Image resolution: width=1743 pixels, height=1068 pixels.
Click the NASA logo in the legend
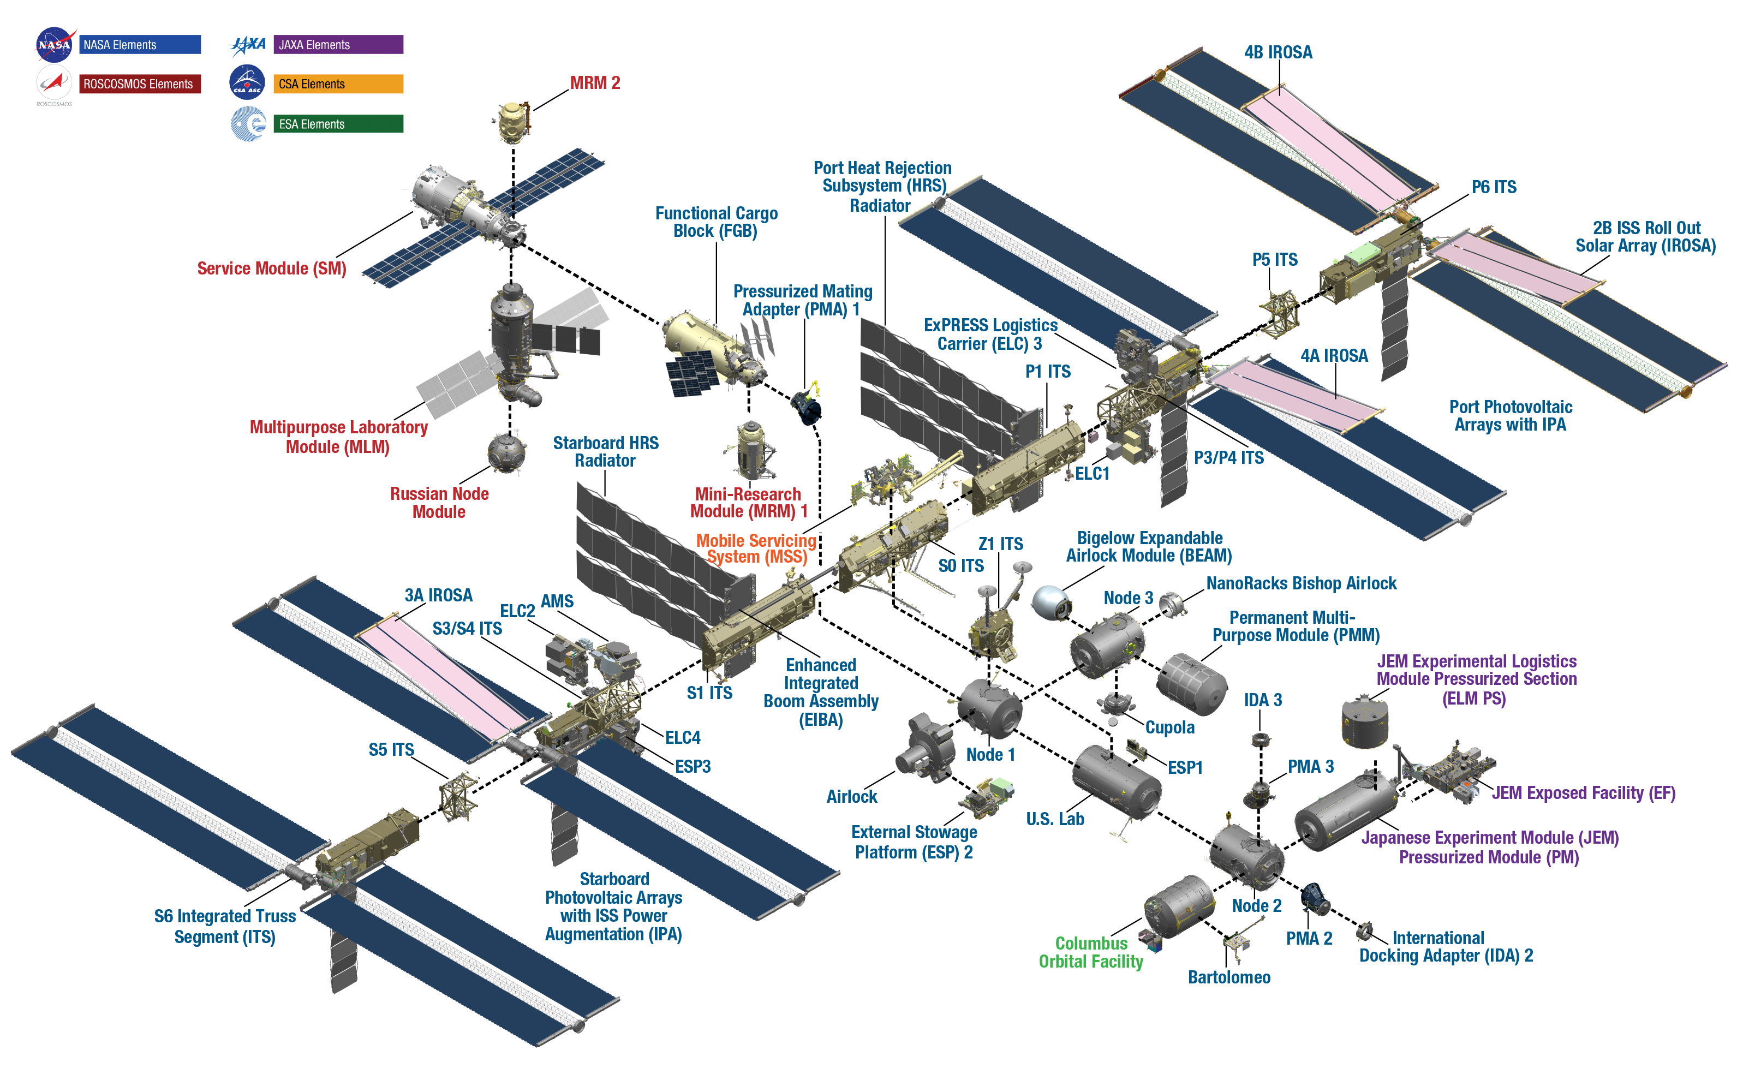[x=55, y=45]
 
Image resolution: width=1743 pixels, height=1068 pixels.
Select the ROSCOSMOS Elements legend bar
[x=139, y=84]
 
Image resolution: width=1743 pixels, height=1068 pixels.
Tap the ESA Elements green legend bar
[x=338, y=124]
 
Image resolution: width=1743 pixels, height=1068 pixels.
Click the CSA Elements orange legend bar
[x=338, y=84]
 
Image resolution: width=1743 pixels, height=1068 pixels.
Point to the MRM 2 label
[x=595, y=83]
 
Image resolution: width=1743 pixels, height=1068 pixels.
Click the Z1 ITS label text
[x=1000, y=544]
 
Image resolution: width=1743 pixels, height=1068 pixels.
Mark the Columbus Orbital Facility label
[x=1091, y=952]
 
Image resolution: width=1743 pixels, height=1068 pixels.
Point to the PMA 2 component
[x=1315, y=898]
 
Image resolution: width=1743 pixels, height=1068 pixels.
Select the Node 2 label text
[x=1256, y=906]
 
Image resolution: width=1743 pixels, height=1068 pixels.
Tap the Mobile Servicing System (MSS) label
[x=756, y=548]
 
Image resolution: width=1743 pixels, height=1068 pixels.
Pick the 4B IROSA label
[x=1278, y=52]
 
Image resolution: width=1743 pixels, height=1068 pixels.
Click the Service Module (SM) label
[x=272, y=269]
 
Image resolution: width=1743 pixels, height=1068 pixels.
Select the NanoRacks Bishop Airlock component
[x=1172, y=604]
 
